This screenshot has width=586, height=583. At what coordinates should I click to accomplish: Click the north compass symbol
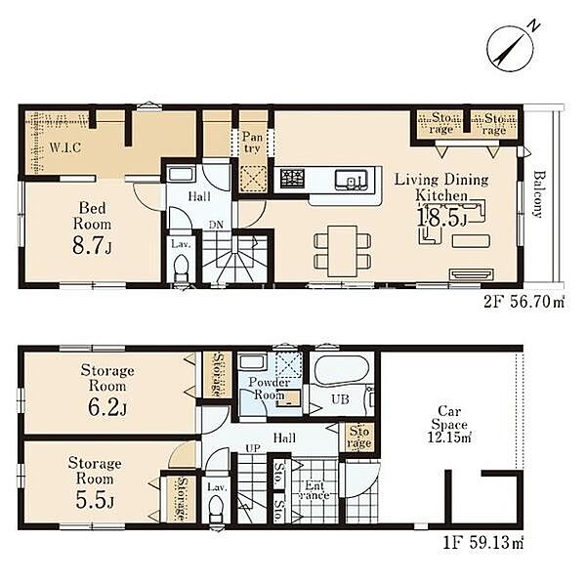(x=510, y=49)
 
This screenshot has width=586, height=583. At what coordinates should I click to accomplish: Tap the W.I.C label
(x=65, y=147)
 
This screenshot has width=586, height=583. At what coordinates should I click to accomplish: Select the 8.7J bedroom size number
(x=92, y=246)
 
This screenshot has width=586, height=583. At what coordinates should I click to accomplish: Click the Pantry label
(x=252, y=143)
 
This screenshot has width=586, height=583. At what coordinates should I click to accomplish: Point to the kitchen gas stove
(x=292, y=179)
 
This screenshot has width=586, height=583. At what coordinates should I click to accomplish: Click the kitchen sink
(x=351, y=180)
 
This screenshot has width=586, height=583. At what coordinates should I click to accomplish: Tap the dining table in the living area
(x=343, y=251)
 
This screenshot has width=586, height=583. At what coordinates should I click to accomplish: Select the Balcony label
(x=538, y=194)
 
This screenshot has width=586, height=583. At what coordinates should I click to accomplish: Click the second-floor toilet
(x=182, y=268)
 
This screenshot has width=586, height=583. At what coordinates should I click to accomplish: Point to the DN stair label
(x=216, y=225)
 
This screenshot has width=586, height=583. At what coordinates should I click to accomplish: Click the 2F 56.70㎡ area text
(x=523, y=302)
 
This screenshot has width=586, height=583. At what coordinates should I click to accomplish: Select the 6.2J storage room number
(x=107, y=407)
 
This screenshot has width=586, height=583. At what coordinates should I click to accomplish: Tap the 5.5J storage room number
(x=95, y=500)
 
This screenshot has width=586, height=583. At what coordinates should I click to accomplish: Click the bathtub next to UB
(x=341, y=368)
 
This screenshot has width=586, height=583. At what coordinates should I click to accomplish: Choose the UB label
(x=341, y=399)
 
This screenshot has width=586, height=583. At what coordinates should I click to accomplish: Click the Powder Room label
(x=270, y=389)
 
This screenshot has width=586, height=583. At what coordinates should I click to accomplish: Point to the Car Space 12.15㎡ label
(x=449, y=425)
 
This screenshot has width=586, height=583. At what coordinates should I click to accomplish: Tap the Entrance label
(x=314, y=490)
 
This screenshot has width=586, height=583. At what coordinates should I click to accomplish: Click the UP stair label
(x=253, y=448)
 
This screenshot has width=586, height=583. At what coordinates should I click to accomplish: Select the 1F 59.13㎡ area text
(x=483, y=543)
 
